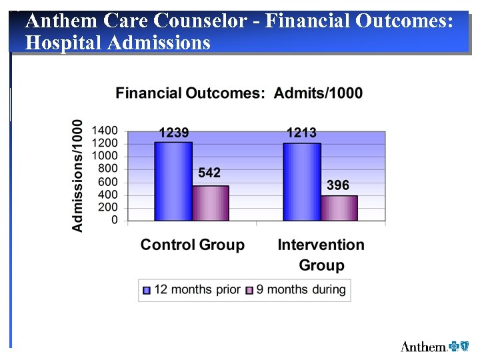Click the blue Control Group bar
coord(173,181)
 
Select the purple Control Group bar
coord(211,203)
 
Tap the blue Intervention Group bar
coord(301,182)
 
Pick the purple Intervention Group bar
coord(339,208)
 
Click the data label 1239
coord(173,133)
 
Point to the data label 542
coord(209,173)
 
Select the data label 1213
coord(301,133)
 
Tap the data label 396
coord(338,185)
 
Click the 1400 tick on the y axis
coord(105,131)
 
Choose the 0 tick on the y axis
coord(115,220)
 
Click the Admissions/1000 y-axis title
coord(78,175)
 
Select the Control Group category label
coord(192,245)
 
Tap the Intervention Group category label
coord(321,255)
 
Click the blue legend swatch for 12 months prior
coord(147,290)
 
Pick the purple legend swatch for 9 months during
coord(250,290)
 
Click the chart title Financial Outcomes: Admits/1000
coord(239,93)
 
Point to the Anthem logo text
coord(423,346)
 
